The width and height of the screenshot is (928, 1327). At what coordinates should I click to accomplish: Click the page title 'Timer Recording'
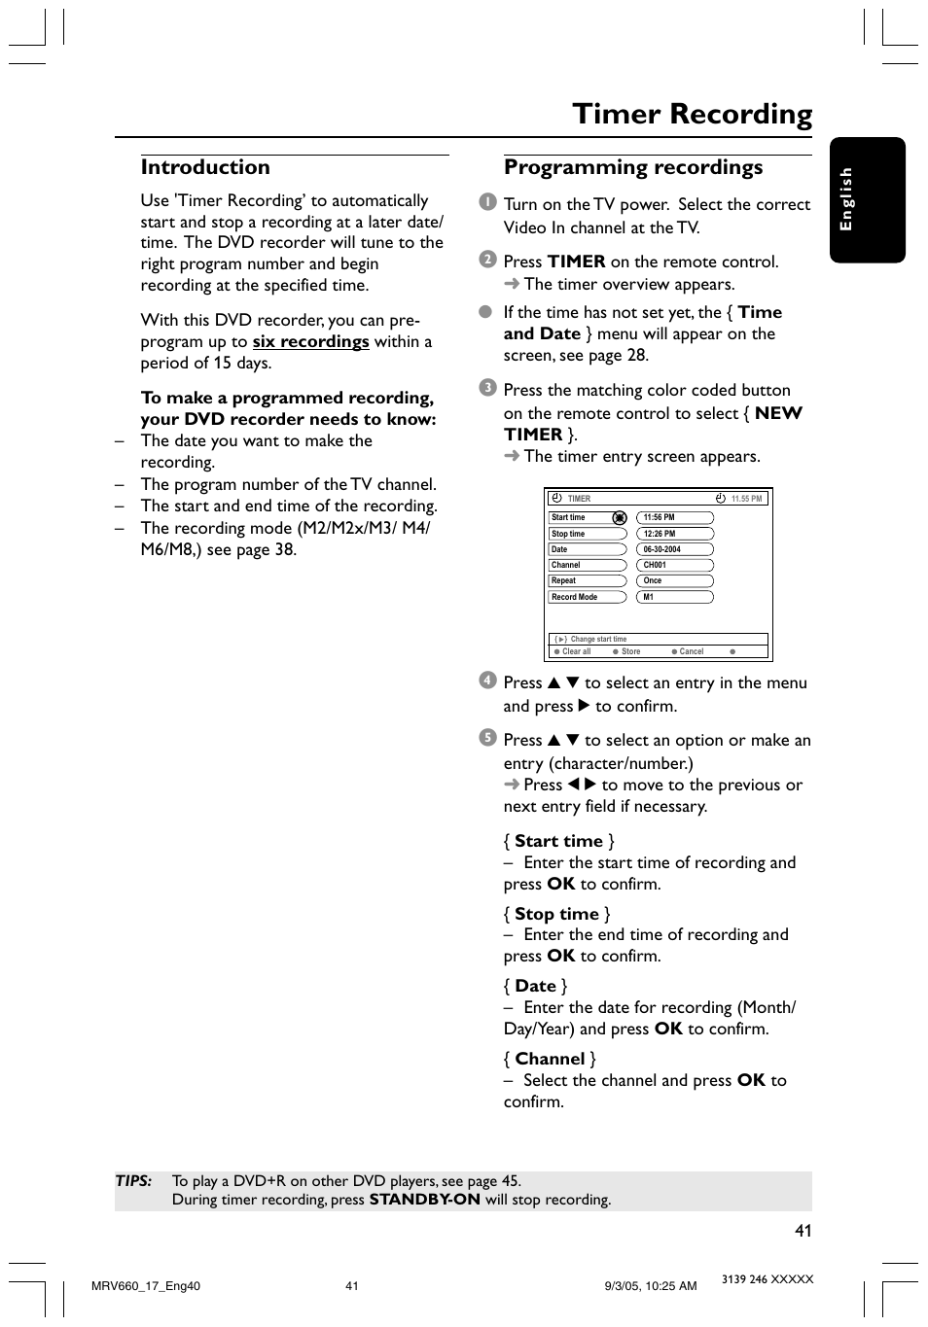click(x=692, y=115)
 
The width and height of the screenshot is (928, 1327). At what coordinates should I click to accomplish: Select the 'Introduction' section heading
click(x=205, y=167)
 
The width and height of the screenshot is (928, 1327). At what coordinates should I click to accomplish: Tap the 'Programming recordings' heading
click(x=633, y=167)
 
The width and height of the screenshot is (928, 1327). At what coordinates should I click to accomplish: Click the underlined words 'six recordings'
click(x=310, y=341)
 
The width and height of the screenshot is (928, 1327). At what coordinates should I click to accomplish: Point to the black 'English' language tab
click(x=867, y=199)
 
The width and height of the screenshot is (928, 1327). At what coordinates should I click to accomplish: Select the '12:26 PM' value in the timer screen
click(x=675, y=534)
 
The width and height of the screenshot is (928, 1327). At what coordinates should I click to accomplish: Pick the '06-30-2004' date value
click(x=675, y=549)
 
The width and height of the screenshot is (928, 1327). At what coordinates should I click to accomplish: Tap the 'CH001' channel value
click(x=675, y=565)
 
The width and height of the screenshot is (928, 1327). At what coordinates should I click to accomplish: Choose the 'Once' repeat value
click(x=675, y=580)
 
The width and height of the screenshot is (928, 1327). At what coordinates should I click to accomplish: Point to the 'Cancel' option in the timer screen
click(x=691, y=651)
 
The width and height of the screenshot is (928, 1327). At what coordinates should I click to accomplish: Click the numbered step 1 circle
click(x=487, y=202)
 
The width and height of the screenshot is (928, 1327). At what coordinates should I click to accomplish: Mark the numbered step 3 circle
click(x=487, y=388)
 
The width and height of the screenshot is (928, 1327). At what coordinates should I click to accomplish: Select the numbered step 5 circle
click(x=487, y=738)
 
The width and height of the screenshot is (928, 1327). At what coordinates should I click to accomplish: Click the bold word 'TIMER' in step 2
click(x=576, y=262)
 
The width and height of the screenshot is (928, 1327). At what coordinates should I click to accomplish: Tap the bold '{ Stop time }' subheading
click(x=557, y=914)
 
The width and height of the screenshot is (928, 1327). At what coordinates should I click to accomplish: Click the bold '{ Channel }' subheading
click(x=550, y=1059)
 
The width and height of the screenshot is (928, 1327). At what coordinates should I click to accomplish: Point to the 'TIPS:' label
click(x=133, y=1181)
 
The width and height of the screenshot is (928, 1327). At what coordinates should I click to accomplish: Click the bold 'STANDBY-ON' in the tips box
click(x=424, y=1200)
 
